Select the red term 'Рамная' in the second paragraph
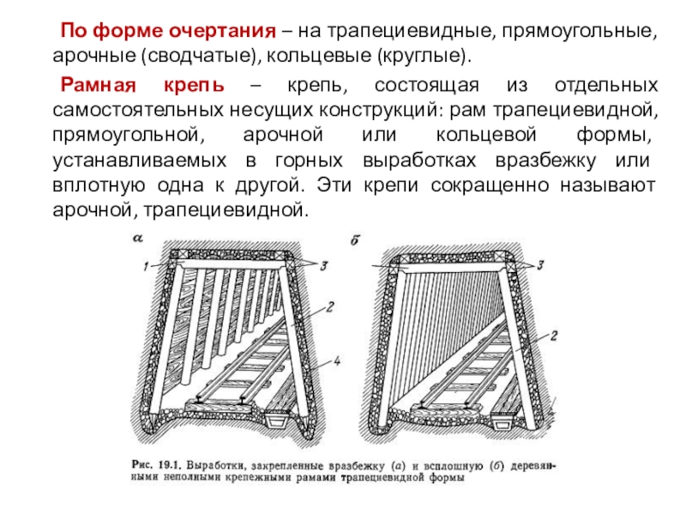tap(95, 87)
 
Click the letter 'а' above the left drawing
tap(137, 239)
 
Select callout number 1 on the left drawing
tap(146, 266)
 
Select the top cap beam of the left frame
tap(232, 264)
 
